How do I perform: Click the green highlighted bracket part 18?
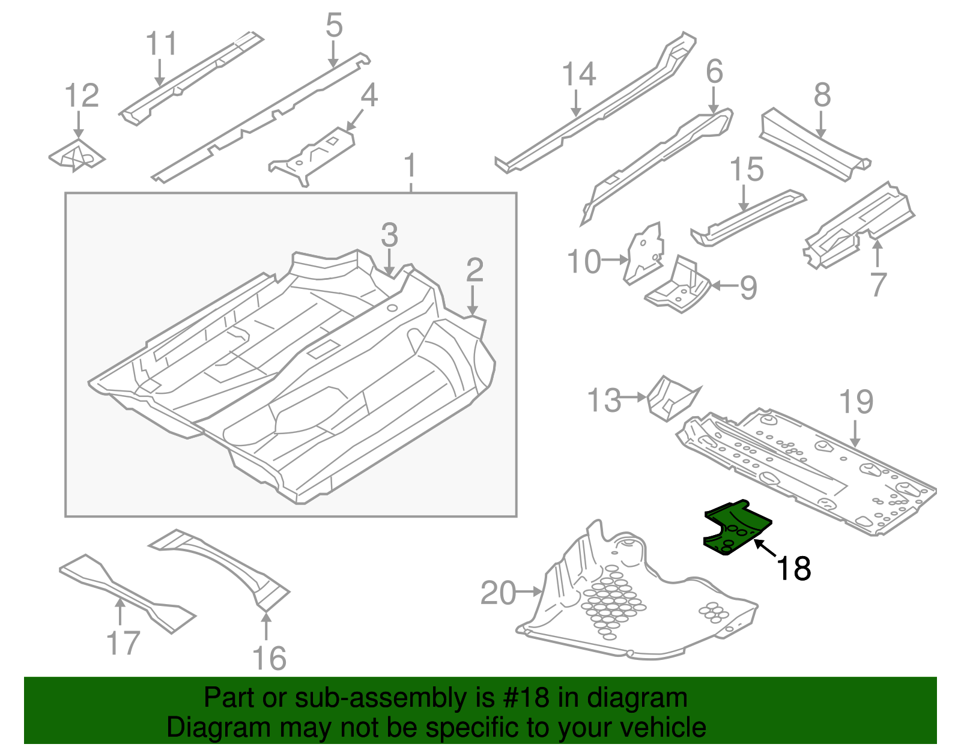tap(736, 528)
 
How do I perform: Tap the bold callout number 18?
tap(793, 569)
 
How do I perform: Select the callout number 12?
tap(82, 96)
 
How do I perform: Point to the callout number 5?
tap(334, 26)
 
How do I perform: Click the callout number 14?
tap(578, 74)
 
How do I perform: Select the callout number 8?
tap(822, 95)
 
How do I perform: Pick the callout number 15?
tap(747, 170)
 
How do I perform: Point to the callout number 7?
tap(878, 284)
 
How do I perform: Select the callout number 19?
tap(856, 402)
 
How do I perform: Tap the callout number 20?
tap(498, 593)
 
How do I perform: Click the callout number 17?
tap(123, 643)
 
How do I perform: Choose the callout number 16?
tap(269, 659)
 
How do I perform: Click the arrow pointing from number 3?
tap(390, 262)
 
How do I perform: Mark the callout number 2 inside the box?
tap(474, 270)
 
